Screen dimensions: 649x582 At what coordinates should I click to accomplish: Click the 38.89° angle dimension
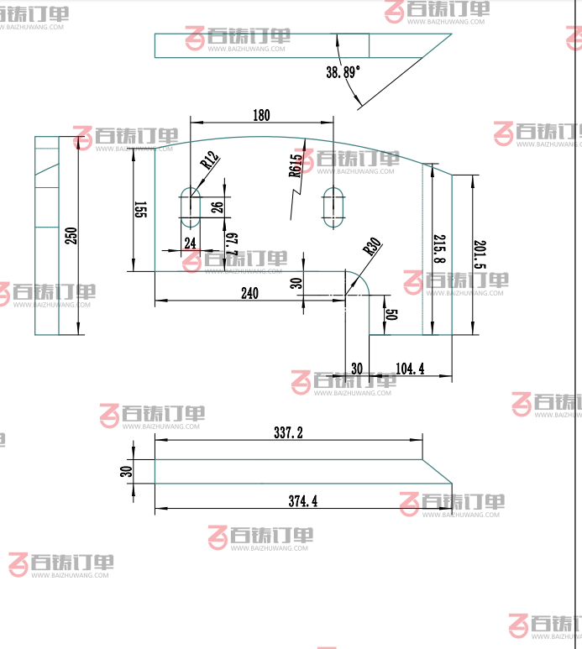tap(343, 72)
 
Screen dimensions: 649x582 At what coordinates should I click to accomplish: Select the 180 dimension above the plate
tap(261, 115)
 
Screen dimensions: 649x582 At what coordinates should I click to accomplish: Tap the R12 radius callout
tap(209, 159)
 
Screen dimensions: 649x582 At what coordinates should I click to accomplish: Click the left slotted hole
tap(190, 207)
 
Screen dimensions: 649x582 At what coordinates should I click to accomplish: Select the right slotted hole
tap(334, 207)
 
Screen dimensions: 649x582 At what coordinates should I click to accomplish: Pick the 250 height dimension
tap(71, 237)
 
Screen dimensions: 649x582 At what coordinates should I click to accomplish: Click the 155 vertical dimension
tap(140, 210)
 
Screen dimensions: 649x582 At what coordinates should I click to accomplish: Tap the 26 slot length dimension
tap(217, 207)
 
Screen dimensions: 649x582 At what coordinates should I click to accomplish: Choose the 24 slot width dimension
tap(190, 243)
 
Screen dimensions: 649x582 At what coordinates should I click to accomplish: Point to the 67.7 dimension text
tap(232, 243)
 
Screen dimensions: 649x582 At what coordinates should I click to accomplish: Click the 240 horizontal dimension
tap(249, 293)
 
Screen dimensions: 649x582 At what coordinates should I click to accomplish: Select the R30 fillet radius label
tap(371, 247)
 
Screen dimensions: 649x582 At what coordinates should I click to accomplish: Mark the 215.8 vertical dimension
tap(438, 249)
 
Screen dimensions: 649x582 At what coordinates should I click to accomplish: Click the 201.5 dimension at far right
tap(480, 254)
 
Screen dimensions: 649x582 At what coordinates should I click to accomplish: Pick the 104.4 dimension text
tap(409, 369)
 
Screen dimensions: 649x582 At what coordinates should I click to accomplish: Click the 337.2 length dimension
tap(288, 432)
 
